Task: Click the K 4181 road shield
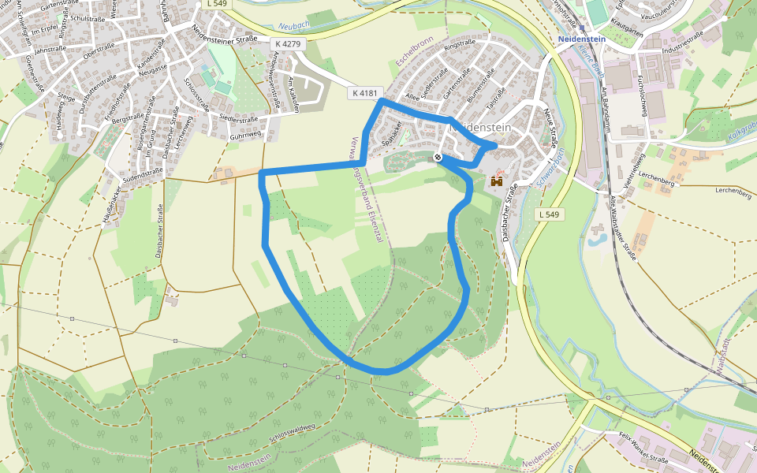(365, 94)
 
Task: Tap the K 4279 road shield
(286, 44)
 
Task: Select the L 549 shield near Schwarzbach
(550, 214)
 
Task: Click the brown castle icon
(497, 181)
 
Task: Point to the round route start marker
(438, 158)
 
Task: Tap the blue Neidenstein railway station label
(581, 39)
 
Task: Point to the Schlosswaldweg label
(291, 431)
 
